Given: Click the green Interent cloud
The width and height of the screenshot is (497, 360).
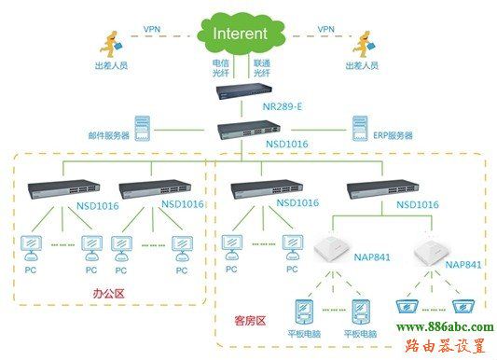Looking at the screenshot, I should [240, 35].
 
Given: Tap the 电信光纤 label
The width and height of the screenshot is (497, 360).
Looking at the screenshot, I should [220, 67].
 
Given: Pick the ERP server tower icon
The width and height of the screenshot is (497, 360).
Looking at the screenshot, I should [359, 127].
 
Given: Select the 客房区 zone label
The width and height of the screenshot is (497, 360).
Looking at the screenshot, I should [249, 320].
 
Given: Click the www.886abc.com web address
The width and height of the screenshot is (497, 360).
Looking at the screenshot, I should [446, 326].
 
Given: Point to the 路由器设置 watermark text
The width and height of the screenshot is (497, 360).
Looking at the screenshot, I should [446, 346].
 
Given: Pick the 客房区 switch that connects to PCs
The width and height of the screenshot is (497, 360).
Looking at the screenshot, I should [262, 186].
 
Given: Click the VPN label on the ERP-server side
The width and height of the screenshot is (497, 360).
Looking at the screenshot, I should [325, 30].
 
